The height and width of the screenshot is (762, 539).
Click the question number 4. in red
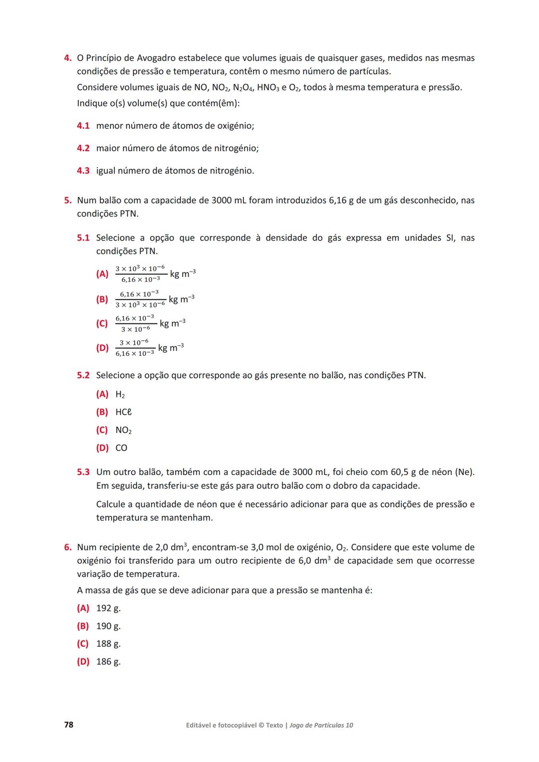[x=67, y=58]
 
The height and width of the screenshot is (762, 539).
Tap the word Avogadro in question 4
[x=155, y=58]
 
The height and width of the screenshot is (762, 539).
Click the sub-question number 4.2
[x=83, y=148]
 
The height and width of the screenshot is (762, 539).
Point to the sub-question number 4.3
[x=83, y=171]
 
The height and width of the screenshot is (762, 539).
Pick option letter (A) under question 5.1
[x=102, y=274]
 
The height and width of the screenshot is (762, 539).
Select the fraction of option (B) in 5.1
[x=140, y=299]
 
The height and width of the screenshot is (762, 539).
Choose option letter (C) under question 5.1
[x=102, y=323]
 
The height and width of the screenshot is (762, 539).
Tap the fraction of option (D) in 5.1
[x=135, y=348]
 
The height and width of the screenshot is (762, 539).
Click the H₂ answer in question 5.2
[x=120, y=395]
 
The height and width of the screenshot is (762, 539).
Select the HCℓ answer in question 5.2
[x=123, y=412]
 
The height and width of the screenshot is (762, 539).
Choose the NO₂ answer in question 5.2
[x=123, y=430]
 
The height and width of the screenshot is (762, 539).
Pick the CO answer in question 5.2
[x=121, y=448]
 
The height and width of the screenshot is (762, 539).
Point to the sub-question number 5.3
[x=83, y=472]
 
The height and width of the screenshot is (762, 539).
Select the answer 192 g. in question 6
[x=108, y=608]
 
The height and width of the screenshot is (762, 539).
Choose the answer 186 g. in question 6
[x=108, y=662]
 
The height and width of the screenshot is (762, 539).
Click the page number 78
[x=68, y=725]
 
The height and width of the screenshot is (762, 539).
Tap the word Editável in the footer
[x=200, y=725]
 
